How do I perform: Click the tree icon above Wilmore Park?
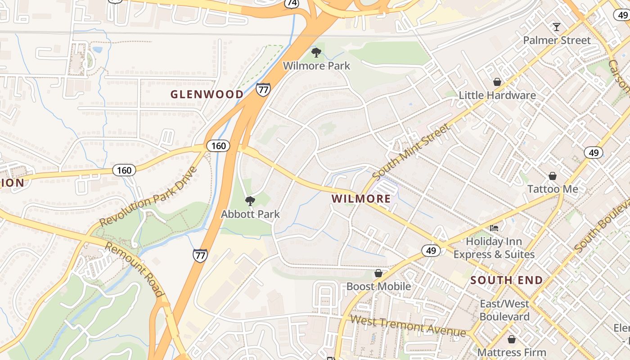pos(316,53)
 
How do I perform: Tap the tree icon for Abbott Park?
pos(250,201)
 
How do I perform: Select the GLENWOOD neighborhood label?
pos(207,94)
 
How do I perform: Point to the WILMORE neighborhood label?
pos(361,198)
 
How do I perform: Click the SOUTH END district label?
pos(507,280)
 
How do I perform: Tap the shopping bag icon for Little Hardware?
pos(497,82)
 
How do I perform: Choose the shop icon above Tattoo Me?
pos(552,176)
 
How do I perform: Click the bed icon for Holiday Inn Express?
pos(494,228)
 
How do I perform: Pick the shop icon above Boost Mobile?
pos(378,273)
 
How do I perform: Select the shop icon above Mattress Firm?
pos(511,339)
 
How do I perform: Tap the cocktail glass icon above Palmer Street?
pos(557,27)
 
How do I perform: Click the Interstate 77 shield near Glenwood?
pos(263,90)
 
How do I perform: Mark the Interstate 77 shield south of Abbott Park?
pos(200,255)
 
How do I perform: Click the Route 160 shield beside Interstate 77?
pos(218,145)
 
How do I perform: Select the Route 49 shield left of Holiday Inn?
pos(431,250)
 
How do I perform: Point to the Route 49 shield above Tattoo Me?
pos(594,153)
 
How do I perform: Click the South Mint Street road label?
pos(411,151)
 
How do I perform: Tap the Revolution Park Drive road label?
pos(148,197)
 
